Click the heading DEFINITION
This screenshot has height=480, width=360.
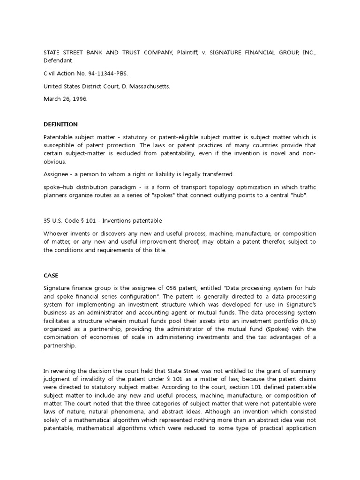60,124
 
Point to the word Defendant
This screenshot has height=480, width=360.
58,60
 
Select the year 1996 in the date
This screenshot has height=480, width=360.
77,99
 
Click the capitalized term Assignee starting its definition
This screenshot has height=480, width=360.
56,174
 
